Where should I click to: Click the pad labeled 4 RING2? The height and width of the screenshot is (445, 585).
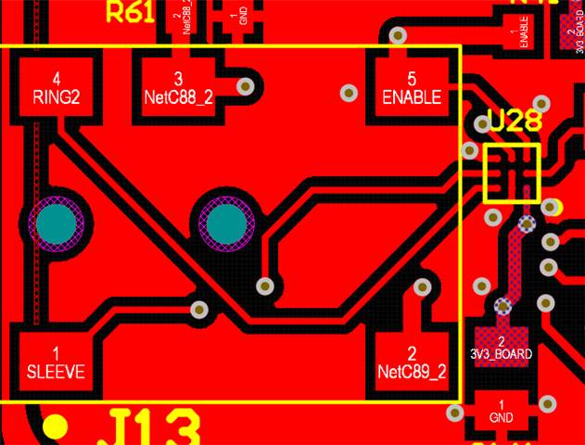(x=57, y=87)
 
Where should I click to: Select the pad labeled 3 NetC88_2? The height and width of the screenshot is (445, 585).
(x=179, y=87)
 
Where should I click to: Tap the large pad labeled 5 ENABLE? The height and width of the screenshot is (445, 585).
(x=412, y=87)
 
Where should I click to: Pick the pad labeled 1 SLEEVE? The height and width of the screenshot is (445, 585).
(x=56, y=362)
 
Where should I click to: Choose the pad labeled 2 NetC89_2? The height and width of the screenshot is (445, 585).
(x=412, y=362)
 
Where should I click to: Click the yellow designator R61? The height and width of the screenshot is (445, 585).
(x=131, y=12)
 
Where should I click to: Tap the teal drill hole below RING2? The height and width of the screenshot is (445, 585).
(x=57, y=222)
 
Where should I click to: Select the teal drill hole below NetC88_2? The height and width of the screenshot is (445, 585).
(x=225, y=223)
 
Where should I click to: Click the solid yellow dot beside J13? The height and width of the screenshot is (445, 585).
(x=56, y=426)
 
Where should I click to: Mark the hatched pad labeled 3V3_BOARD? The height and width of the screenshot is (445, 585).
(x=502, y=347)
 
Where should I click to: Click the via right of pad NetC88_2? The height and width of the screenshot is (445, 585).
(x=246, y=87)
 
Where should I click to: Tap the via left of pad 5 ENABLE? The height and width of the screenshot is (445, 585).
(x=349, y=93)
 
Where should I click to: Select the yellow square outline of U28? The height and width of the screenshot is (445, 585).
(x=512, y=172)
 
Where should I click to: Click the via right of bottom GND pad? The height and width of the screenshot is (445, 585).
(x=548, y=404)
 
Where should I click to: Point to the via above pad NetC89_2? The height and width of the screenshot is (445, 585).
(x=423, y=287)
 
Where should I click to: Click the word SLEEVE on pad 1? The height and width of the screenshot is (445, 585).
(x=56, y=372)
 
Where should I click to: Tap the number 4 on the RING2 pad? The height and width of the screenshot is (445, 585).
(x=57, y=78)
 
